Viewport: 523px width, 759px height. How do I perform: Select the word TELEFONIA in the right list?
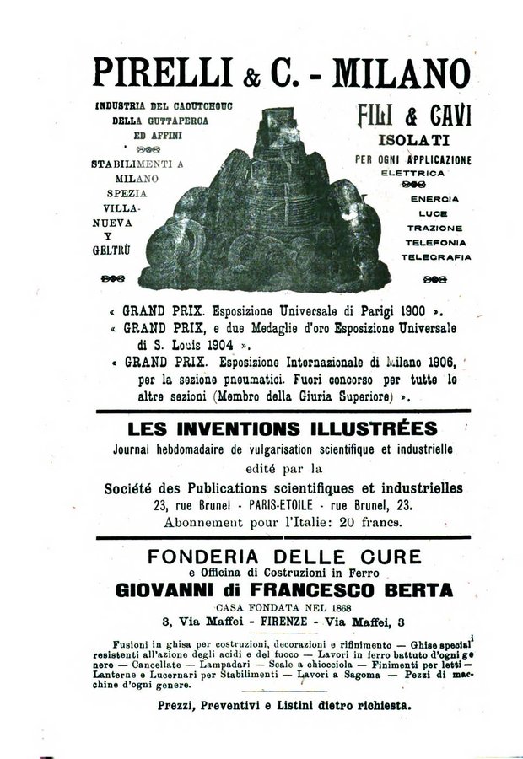(x=436, y=241)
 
